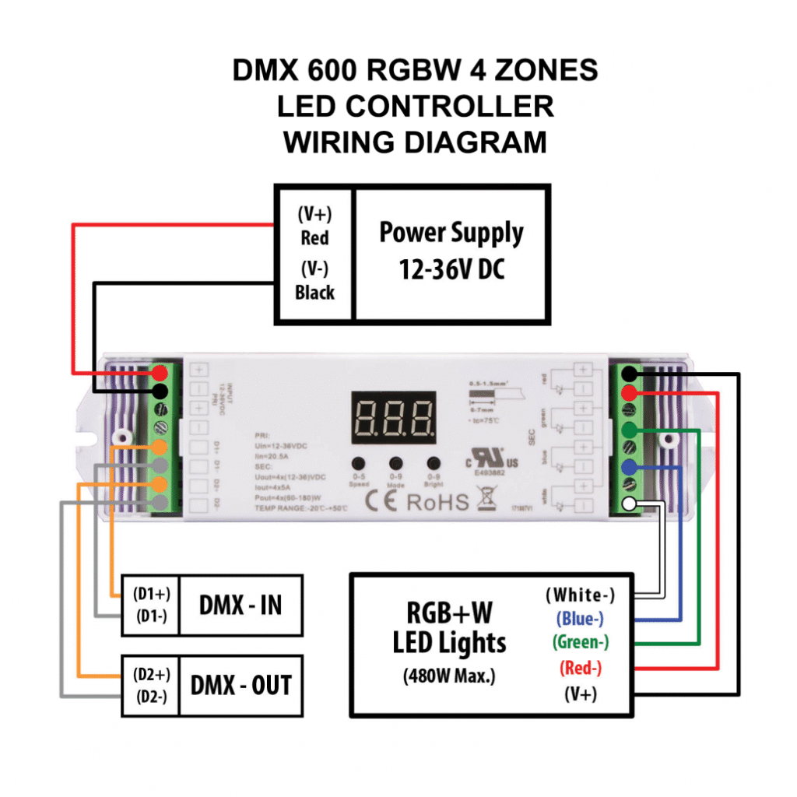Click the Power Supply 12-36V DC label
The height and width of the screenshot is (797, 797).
pos(451,251)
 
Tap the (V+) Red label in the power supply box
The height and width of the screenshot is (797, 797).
pos(314,226)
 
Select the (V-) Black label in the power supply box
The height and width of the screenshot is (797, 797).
pos(314,281)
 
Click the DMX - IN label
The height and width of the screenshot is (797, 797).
pos(241,605)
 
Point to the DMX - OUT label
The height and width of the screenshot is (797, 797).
pos(241,685)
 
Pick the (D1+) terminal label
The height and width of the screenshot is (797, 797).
pos(151,594)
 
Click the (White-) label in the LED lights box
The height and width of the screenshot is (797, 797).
pos(580,595)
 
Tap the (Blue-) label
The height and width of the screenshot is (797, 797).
pos(580,619)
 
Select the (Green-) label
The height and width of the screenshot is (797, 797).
pos(581,642)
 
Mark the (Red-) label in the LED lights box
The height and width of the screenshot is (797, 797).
pos(581,667)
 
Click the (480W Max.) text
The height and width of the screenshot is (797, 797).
pos(449,676)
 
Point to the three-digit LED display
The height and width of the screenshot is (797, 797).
pos(394,417)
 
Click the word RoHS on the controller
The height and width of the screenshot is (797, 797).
pos(438,501)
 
